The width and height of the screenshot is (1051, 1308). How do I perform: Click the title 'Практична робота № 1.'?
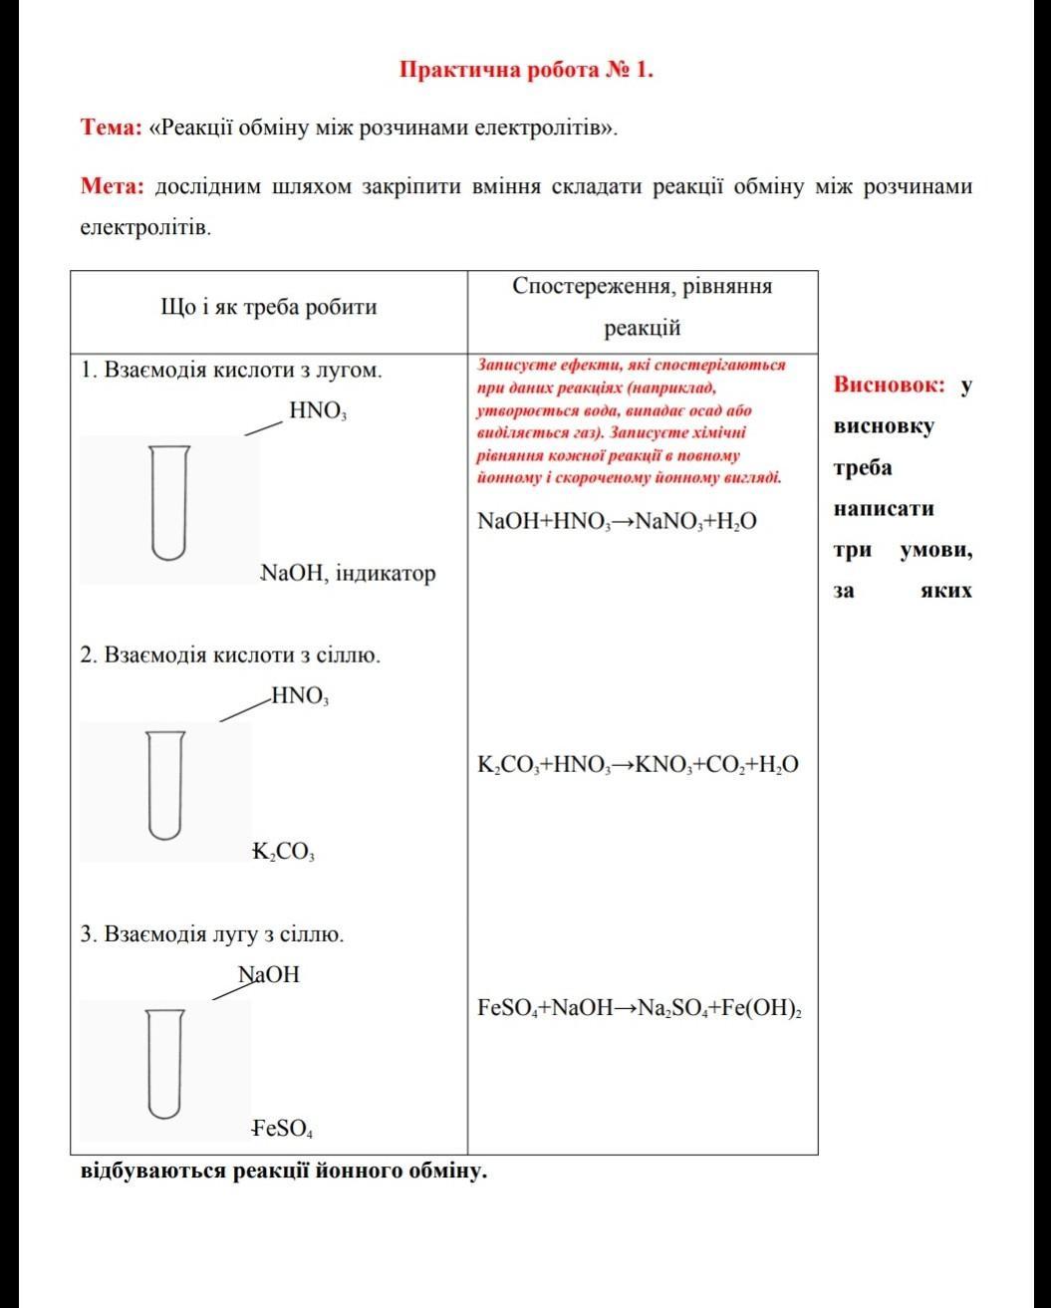(526, 70)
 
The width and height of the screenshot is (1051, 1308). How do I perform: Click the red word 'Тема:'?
(111, 129)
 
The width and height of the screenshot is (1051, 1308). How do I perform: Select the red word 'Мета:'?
(113, 186)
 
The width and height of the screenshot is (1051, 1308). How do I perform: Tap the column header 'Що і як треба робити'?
(268, 307)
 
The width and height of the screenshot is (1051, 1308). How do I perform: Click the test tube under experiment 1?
(168, 502)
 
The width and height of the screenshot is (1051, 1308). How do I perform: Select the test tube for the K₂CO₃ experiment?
(165, 785)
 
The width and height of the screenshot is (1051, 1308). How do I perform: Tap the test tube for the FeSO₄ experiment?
(165, 1063)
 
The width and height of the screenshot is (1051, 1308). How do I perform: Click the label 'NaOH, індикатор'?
(348, 574)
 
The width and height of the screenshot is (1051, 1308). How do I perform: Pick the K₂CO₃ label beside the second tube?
(285, 853)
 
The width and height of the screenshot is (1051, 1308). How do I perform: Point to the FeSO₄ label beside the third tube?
(284, 1130)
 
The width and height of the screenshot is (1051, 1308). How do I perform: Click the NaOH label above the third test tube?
(269, 974)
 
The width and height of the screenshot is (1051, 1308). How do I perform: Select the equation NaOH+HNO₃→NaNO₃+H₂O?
(617, 520)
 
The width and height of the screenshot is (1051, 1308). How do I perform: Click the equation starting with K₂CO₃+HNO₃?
(638, 765)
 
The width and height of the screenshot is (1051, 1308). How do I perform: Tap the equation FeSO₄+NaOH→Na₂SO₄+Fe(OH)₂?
(641, 1007)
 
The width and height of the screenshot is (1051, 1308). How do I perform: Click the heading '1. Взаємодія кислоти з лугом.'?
(231, 371)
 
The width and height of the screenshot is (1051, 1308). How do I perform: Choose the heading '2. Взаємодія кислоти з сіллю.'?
(230, 655)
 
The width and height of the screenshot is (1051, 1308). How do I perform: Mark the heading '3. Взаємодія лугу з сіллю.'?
(212, 935)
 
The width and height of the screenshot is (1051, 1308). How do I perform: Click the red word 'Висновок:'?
(889, 385)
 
